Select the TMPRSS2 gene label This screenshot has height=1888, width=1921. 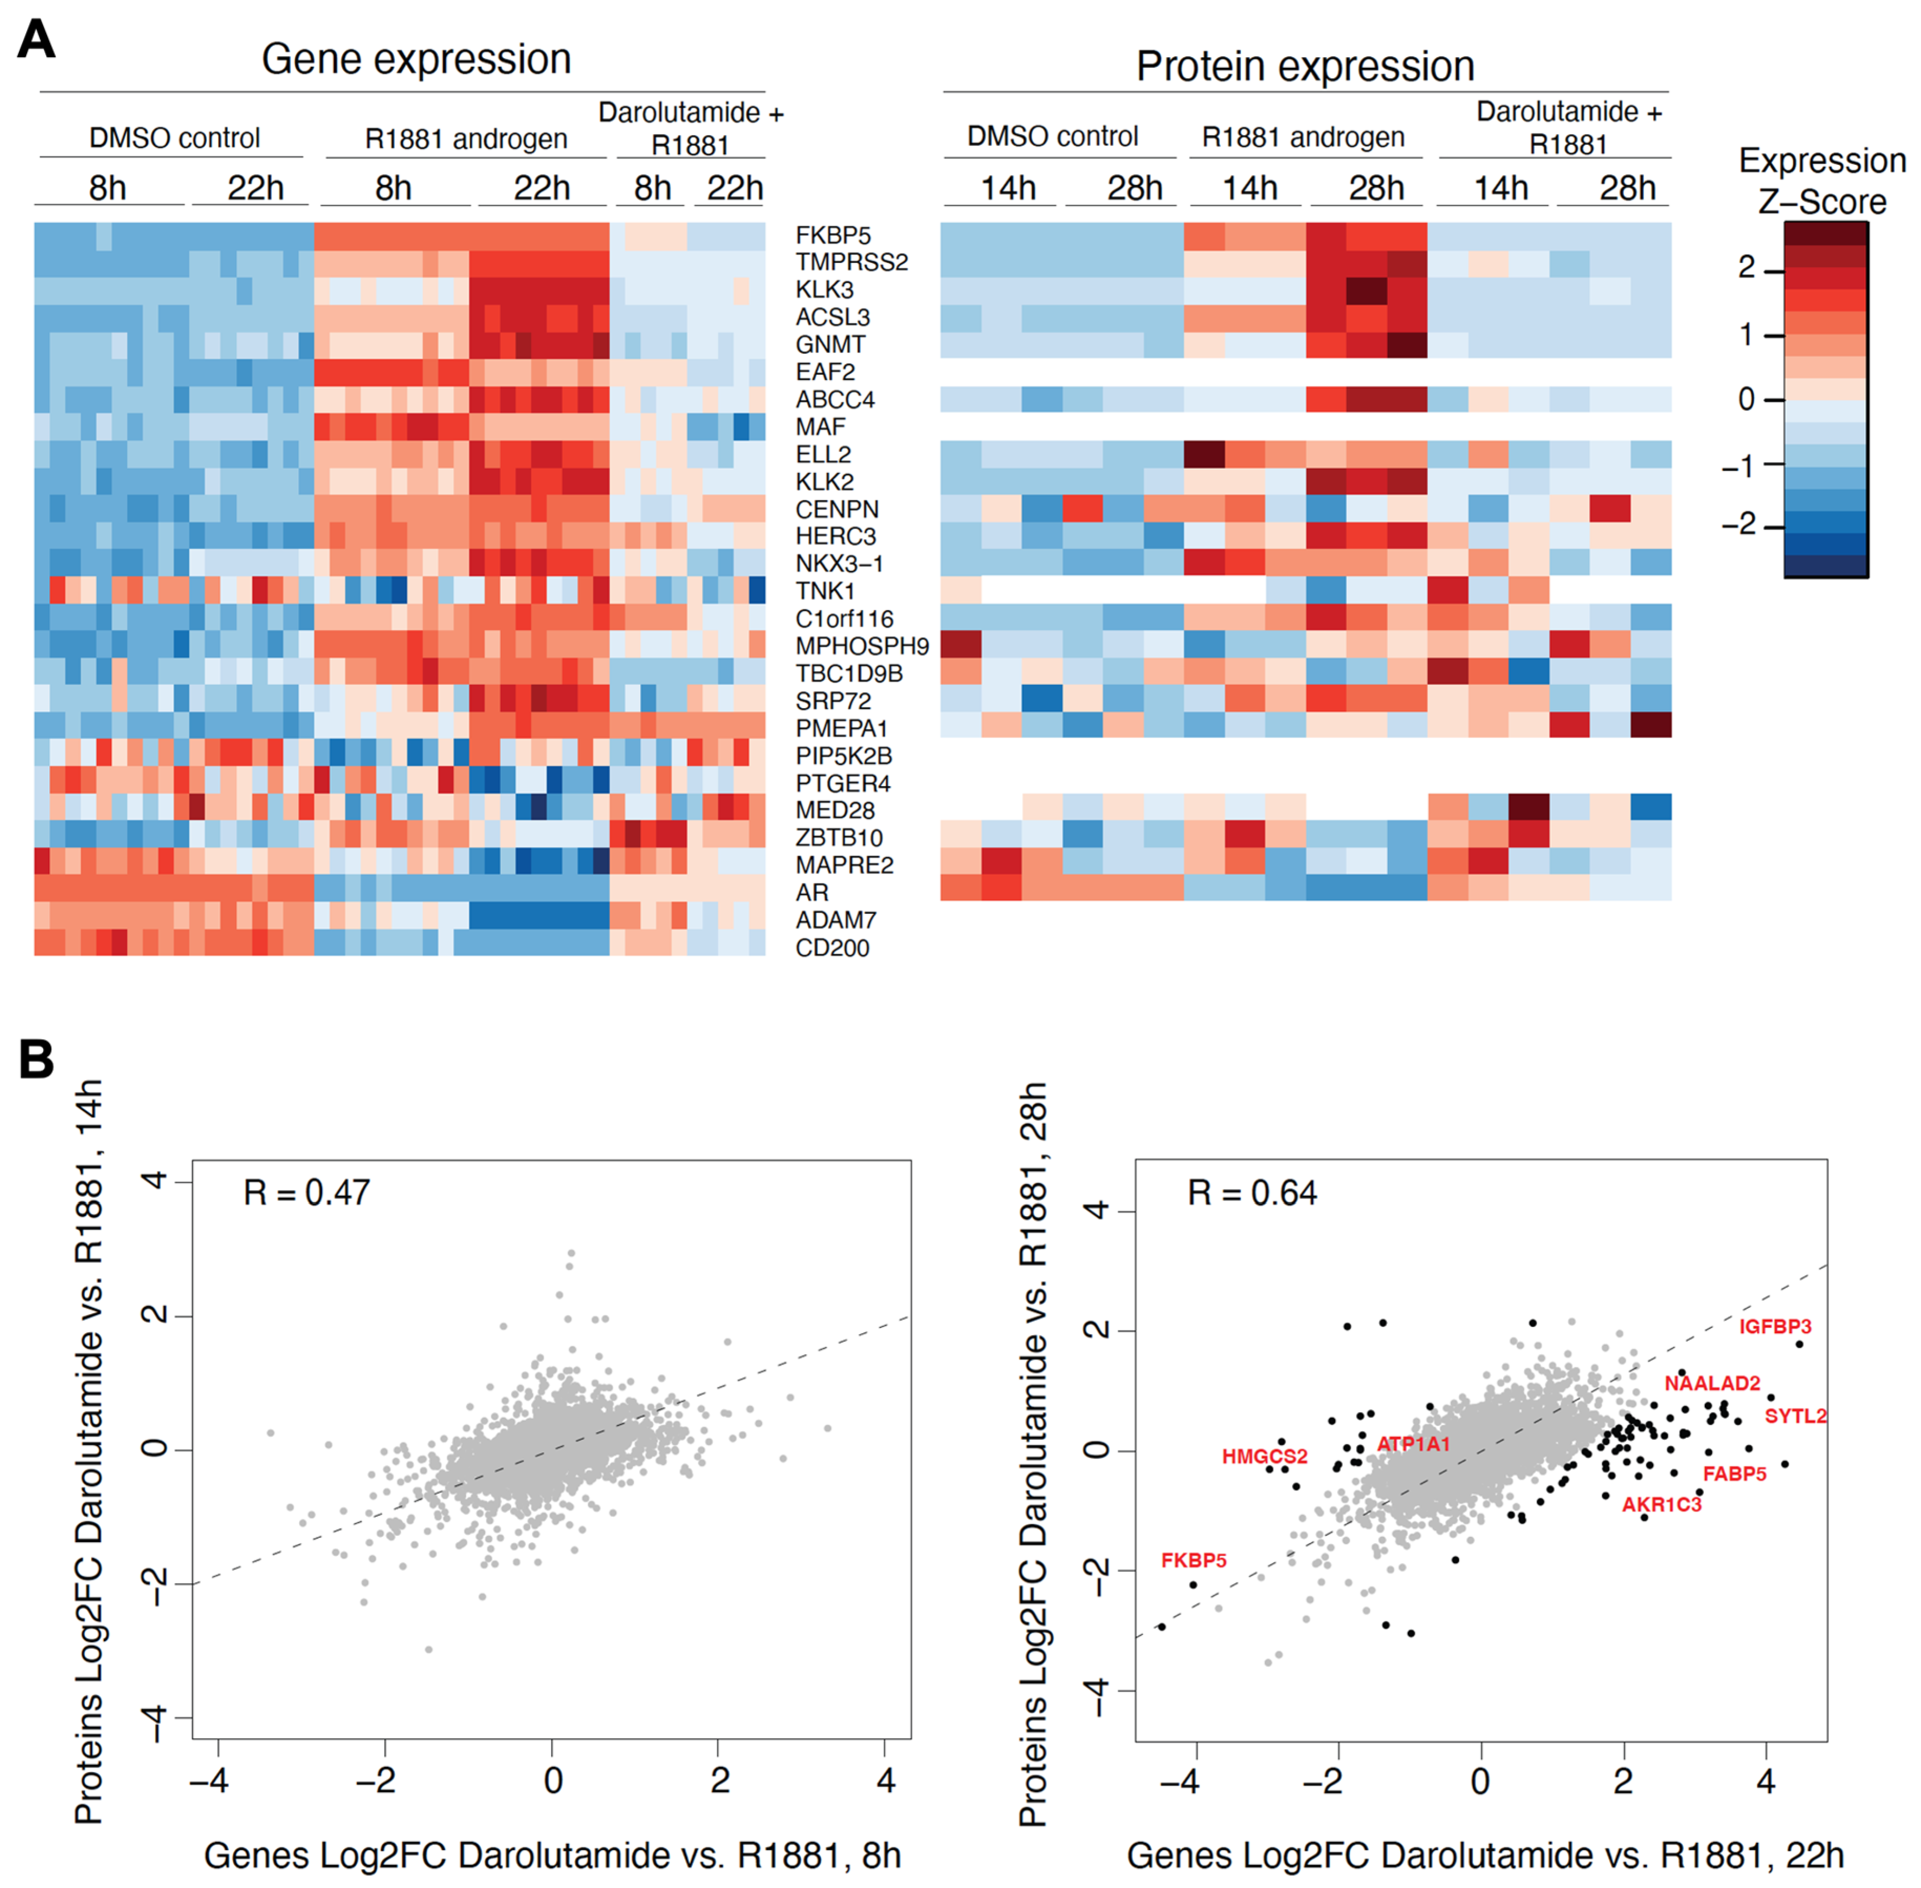tap(852, 263)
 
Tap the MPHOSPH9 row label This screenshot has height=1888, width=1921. tap(862, 647)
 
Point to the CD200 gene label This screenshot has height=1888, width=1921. tap(832, 948)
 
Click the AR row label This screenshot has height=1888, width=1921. tap(812, 892)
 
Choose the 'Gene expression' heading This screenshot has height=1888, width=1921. tap(416, 59)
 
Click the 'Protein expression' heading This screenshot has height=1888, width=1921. tap(1304, 67)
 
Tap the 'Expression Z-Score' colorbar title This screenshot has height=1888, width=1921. tap(1822, 181)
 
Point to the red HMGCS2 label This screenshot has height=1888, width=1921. tap(1264, 1457)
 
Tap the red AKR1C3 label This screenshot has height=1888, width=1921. tap(1661, 1504)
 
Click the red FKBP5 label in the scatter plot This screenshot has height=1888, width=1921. tap(1193, 1561)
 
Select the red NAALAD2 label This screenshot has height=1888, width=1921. tap(1712, 1383)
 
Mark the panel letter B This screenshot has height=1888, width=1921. tap(37, 1059)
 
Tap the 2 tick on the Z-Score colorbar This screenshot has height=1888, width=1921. tap(1747, 268)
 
